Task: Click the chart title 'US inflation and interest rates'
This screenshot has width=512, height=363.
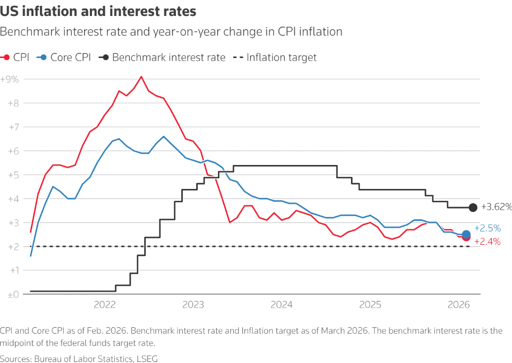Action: tap(98, 11)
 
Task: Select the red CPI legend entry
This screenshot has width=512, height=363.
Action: tap(16, 57)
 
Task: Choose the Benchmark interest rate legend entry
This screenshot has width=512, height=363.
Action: tap(162, 57)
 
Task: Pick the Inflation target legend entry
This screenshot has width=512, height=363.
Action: tap(275, 57)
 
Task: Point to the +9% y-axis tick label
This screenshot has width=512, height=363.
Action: tap(10, 79)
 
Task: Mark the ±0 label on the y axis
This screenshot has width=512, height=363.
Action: tap(12, 294)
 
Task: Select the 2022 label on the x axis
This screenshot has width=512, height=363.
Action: tap(104, 305)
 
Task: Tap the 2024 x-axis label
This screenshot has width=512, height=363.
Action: tap(281, 305)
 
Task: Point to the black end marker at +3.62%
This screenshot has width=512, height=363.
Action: tap(473, 208)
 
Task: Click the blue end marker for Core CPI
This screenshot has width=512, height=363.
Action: tap(466, 234)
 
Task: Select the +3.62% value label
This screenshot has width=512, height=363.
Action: tap(496, 207)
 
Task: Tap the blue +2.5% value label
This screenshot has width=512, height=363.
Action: tap(487, 228)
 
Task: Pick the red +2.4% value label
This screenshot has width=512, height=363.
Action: tap(487, 242)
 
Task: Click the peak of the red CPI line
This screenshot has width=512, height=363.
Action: tap(141, 77)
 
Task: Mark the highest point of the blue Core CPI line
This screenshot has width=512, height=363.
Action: tap(163, 136)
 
